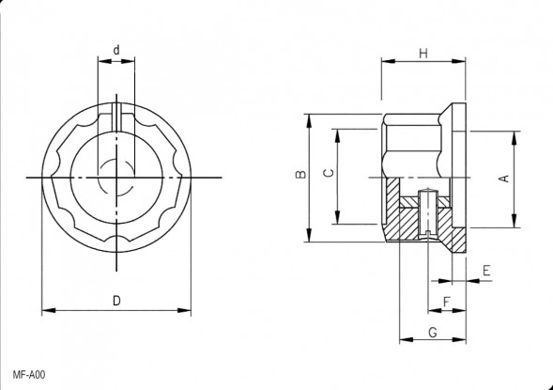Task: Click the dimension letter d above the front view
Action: (x=116, y=50)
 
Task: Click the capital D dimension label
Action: (x=116, y=301)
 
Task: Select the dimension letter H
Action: (x=423, y=54)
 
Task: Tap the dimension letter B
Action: (x=300, y=174)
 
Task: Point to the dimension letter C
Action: (x=329, y=173)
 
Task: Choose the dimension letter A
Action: (x=505, y=179)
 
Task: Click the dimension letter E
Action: (x=486, y=271)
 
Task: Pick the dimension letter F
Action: (x=447, y=302)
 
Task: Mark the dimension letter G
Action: (x=433, y=332)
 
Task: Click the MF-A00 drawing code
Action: (x=29, y=374)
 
